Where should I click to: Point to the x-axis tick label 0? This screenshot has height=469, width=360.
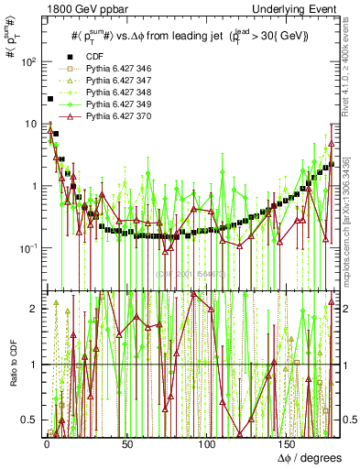[x=47, y=444]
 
